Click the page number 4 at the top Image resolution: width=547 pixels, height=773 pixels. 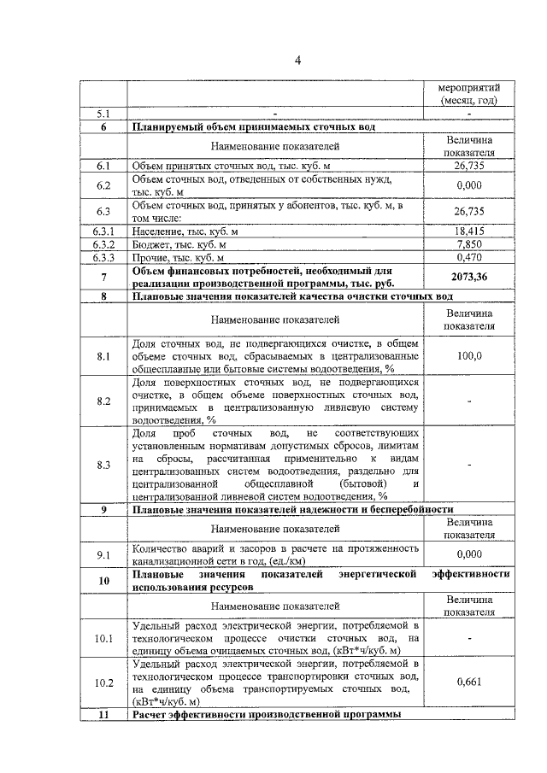(x=298, y=60)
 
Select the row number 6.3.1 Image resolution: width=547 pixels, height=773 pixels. (x=103, y=231)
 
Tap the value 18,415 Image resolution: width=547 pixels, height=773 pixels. (x=468, y=231)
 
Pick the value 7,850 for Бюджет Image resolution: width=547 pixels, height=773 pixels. (x=468, y=243)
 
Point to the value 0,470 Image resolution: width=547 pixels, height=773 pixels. (x=468, y=256)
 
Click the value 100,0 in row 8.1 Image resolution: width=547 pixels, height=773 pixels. (x=468, y=356)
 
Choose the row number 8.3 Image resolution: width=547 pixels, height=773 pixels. (x=103, y=465)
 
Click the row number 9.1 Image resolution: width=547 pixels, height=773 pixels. (x=103, y=554)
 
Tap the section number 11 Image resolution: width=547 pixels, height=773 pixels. (x=103, y=713)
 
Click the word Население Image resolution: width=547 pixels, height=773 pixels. (x=158, y=231)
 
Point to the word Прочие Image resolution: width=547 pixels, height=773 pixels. (x=152, y=256)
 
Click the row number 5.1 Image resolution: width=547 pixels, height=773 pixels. (x=103, y=113)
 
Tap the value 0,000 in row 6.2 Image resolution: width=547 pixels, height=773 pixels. (x=468, y=185)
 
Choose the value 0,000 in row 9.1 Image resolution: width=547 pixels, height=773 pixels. (x=468, y=554)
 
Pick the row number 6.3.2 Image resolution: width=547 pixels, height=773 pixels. (x=103, y=243)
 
